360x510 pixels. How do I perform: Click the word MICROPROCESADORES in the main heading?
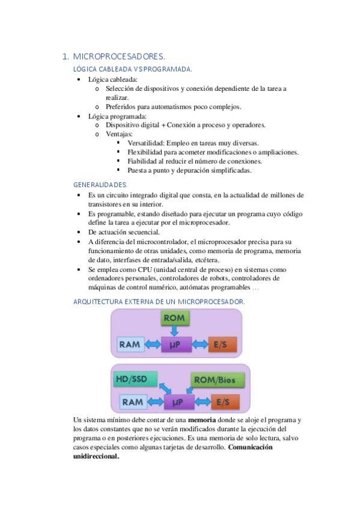119,57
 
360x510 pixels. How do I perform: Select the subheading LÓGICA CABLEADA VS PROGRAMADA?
132,69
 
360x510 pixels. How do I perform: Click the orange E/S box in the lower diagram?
222,401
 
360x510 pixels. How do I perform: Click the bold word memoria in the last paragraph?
202,419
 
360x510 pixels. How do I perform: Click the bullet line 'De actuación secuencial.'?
124,232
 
